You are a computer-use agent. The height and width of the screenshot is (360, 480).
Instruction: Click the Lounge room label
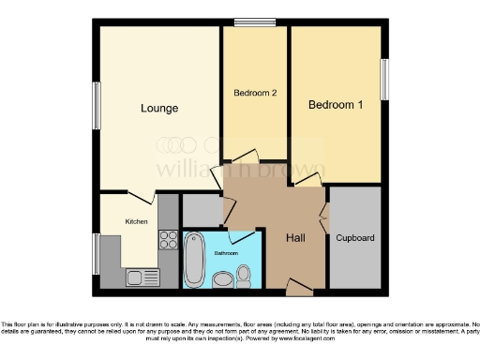pos(159,108)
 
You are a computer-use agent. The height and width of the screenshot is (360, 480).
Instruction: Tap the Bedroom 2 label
pos(252,93)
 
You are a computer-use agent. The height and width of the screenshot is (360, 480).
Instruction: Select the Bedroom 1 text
pos(336,104)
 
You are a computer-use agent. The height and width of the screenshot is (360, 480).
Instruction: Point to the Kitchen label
pos(137,221)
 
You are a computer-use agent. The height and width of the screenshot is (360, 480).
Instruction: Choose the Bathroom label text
pos(224,253)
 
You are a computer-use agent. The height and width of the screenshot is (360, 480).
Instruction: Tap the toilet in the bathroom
pos(244,276)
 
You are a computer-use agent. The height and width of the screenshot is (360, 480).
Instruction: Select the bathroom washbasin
pos(223,278)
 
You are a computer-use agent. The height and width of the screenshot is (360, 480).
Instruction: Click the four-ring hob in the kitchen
pos(168,240)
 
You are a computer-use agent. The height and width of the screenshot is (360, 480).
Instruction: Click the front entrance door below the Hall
pos(298,283)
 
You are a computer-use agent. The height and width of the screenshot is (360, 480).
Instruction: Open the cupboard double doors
pos(324,218)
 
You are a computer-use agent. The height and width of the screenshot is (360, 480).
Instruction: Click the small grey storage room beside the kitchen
pos(199,210)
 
